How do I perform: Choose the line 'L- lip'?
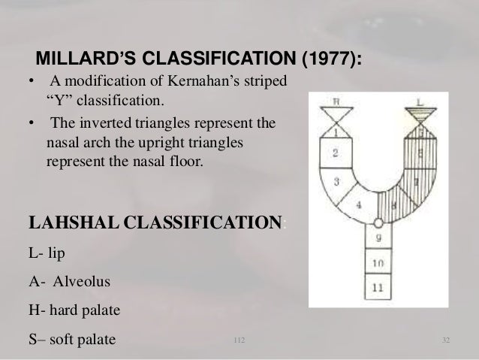47,252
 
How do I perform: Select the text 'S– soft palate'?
72,340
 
